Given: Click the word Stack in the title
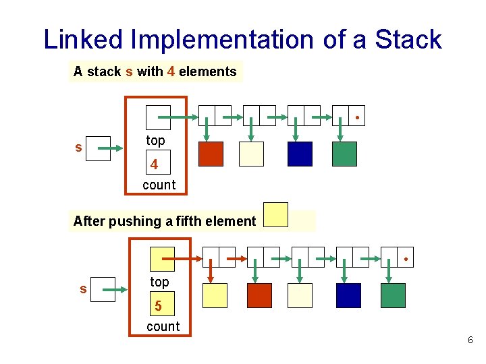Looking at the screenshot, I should pyautogui.click(x=408, y=40).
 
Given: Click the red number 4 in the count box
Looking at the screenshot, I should pyautogui.click(x=155, y=164).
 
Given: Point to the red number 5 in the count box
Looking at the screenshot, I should pyautogui.click(x=158, y=306).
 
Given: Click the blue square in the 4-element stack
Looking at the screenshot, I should pyautogui.click(x=300, y=154).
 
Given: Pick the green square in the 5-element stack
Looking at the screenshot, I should pyautogui.click(x=393, y=295).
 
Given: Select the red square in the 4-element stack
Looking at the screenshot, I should pyautogui.click(x=211, y=154).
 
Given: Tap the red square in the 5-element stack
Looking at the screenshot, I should pyautogui.click(x=259, y=295).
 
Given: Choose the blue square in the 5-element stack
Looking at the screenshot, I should pyautogui.click(x=348, y=295).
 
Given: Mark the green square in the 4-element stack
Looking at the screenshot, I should pyautogui.click(x=344, y=154).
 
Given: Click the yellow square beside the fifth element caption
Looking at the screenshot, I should pyautogui.click(x=275, y=214).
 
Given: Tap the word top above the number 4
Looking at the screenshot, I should pyautogui.click(x=155, y=140).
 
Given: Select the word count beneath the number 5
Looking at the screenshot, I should pyautogui.click(x=163, y=326).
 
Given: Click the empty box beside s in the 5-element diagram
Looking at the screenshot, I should pyautogui.click(x=102, y=288).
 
